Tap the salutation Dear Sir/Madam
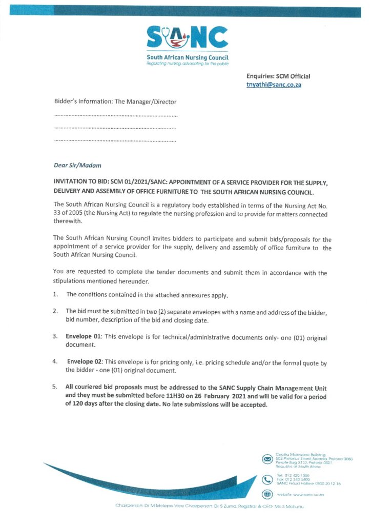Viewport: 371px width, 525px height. coord(77,165)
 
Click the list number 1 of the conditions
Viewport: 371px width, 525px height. coord(56,294)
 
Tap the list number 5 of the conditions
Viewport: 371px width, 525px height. coord(56,387)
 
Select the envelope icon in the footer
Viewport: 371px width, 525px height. coord(266,459)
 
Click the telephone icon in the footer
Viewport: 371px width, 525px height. coord(266,479)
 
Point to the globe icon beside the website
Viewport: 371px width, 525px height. coord(266,494)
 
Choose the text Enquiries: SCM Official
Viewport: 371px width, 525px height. coord(278,76)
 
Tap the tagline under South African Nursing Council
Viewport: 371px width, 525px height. coord(187,64)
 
